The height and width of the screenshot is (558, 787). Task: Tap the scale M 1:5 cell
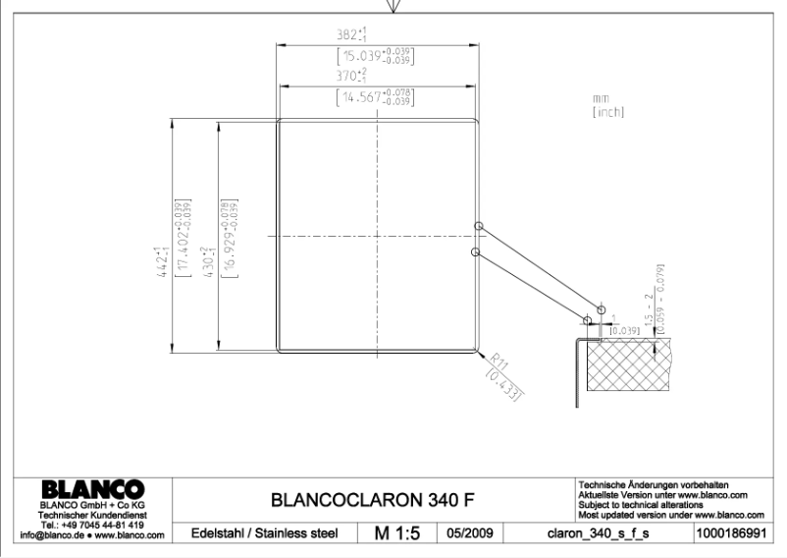(397, 532)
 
